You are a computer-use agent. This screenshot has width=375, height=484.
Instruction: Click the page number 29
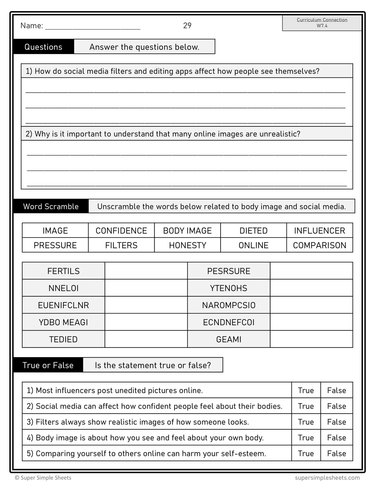point(187,25)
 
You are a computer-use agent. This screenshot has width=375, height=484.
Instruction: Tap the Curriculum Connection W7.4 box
point(322,23)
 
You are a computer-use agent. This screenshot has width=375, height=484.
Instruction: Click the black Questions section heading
point(43,47)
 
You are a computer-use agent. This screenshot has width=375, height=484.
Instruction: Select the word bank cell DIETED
point(253,231)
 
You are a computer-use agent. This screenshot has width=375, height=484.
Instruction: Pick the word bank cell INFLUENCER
point(319,231)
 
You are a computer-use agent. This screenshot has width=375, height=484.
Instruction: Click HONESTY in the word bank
point(187,245)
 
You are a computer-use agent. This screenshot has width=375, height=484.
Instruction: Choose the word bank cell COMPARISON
point(319,245)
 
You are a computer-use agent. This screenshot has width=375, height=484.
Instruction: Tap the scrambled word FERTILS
point(63,271)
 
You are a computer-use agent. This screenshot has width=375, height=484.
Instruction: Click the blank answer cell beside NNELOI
point(146,288)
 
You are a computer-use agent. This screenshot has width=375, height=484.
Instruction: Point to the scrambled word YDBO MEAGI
point(63,322)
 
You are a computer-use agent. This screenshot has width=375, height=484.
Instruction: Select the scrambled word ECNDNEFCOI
point(229,322)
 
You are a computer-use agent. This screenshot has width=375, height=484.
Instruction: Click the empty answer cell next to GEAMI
point(311,339)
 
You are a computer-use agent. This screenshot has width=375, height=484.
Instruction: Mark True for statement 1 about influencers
point(306,390)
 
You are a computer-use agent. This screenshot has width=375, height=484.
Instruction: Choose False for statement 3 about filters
point(336,422)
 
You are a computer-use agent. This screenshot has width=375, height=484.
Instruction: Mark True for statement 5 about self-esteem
point(306,453)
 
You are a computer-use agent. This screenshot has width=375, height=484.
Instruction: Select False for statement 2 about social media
point(336,406)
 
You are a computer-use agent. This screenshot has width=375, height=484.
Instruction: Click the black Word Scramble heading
point(51,206)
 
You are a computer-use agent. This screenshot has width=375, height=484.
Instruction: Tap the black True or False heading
point(48,365)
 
